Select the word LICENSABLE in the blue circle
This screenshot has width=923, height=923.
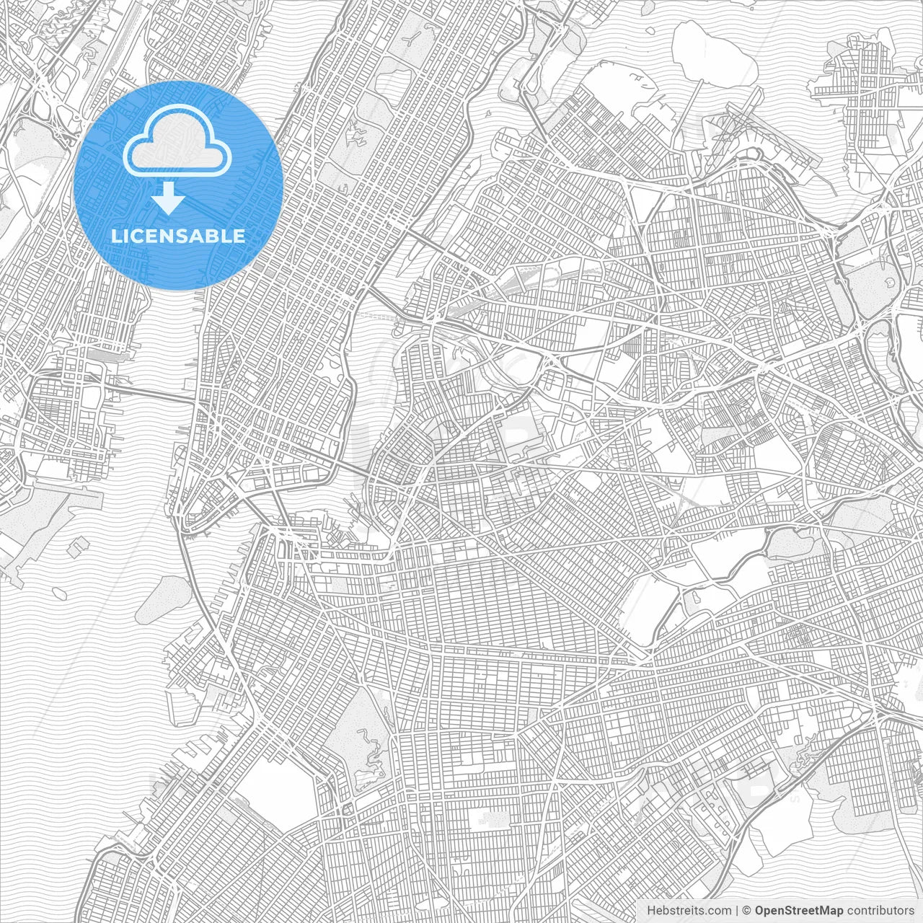(177, 236)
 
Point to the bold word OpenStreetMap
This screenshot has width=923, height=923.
(798, 911)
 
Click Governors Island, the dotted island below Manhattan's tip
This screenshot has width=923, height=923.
(162, 599)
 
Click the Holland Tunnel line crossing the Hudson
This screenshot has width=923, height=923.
(151, 393)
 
